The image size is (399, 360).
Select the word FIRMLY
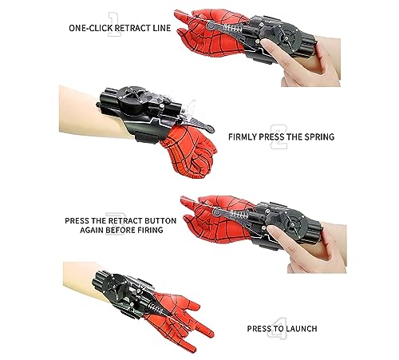click(x=244, y=136)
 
